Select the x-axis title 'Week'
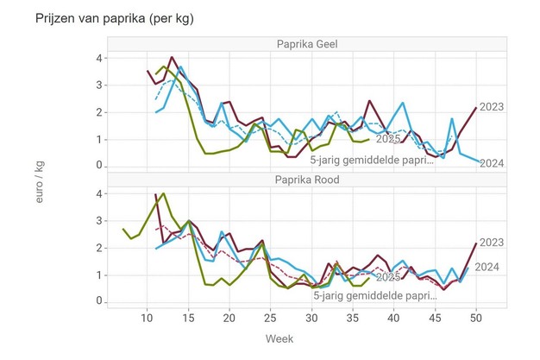279,338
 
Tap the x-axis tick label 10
147,318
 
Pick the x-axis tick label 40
393,318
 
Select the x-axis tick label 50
475,318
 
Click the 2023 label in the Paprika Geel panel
492,106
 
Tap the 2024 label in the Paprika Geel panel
492,163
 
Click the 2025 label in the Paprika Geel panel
387,139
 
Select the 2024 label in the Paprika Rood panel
487,267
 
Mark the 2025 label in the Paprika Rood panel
387,277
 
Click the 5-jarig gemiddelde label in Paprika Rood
374,294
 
